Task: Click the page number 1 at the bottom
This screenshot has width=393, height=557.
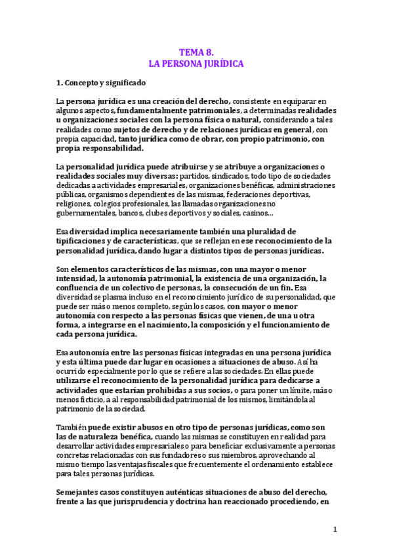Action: (334, 529)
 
